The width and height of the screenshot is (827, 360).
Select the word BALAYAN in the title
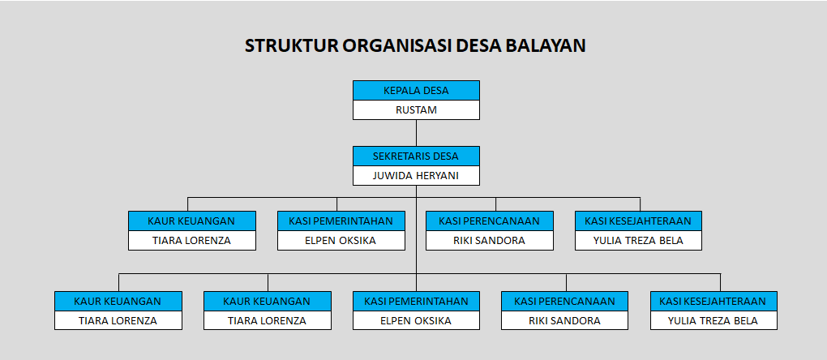click(x=546, y=45)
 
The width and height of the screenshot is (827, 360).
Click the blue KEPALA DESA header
click(x=416, y=90)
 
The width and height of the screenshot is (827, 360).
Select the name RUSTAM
click(x=416, y=109)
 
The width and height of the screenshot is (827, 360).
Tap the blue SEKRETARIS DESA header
click(x=416, y=156)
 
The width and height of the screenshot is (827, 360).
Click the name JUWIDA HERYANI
click(x=416, y=175)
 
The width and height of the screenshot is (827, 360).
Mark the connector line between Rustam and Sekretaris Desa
click(x=416, y=133)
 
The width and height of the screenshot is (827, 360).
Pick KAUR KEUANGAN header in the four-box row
click(x=191, y=221)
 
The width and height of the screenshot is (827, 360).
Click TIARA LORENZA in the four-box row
click(x=191, y=240)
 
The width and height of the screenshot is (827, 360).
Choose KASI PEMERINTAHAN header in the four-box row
click(x=341, y=221)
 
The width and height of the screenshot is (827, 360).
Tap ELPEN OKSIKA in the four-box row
click(x=341, y=240)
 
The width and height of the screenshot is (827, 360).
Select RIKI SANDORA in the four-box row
click(x=489, y=240)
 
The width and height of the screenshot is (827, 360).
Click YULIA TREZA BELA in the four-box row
click(x=639, y=240)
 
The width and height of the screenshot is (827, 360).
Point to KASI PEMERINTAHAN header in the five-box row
click(x=416, y=301)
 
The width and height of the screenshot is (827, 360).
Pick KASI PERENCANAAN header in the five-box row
click(x=564, y=301)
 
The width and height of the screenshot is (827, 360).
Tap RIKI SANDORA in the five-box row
click(x=564, y=320)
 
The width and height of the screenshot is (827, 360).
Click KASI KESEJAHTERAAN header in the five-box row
click(x=713, y=301)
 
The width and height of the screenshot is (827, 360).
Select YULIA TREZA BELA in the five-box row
click(x=713, y=320)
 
